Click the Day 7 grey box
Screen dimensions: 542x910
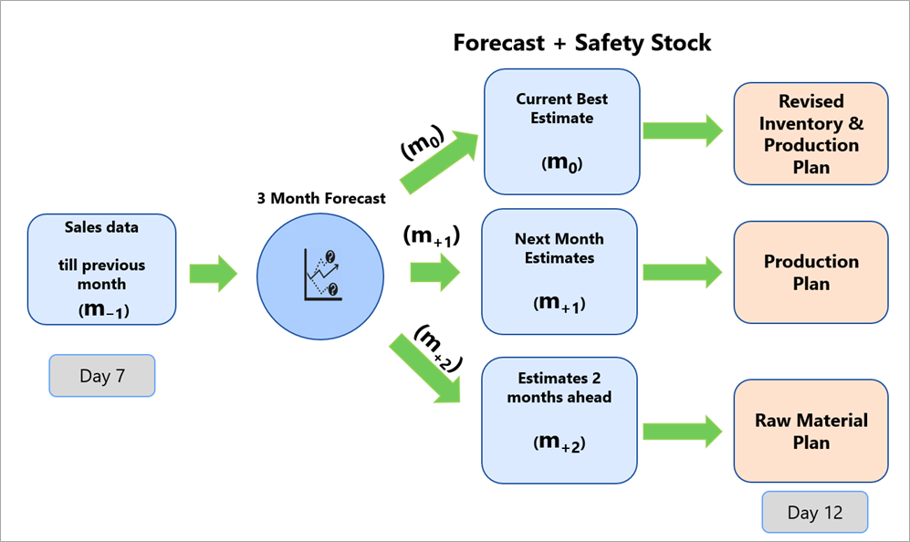tap(101, 376)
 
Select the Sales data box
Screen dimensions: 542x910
tap(101, 269)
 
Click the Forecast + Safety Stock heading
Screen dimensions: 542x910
tap(581, 42)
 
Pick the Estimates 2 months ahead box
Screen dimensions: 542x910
tap(559, 419)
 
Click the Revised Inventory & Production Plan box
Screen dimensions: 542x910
tap(811, 133)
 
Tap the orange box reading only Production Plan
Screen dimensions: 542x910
tap(811, 272)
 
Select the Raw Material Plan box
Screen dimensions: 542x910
tap(811, 431)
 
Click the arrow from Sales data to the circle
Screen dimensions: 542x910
tap(213, 273)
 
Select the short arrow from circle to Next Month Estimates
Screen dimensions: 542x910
tap(436, 272)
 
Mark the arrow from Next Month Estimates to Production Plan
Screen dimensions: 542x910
tap(683, 272)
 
